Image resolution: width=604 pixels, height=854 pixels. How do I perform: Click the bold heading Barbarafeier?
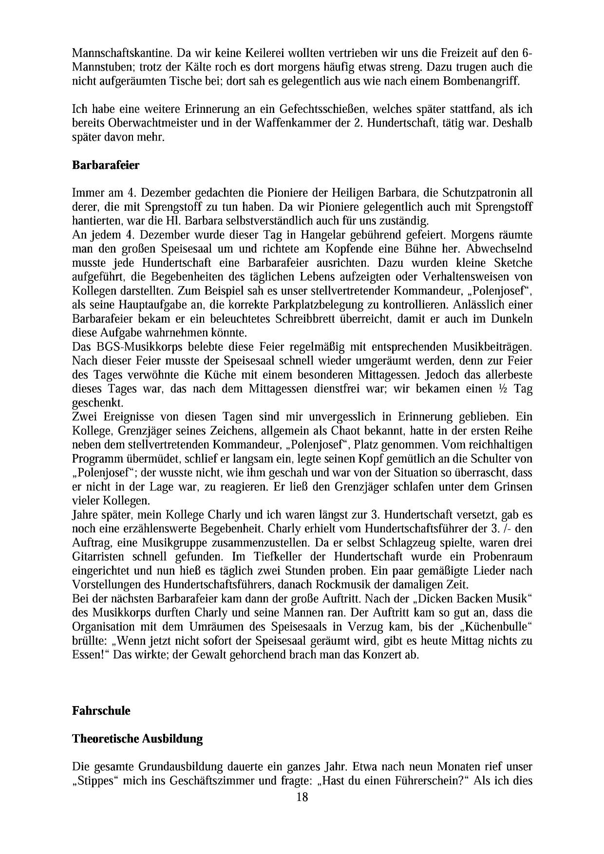tap(106, 165)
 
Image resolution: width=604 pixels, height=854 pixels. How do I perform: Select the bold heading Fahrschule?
tap(101, 710)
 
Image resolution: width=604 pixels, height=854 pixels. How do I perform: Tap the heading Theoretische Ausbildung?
tap(137, 739)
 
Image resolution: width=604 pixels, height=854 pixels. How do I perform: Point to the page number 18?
tap(302, 797)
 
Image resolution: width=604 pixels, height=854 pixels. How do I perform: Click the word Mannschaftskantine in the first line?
tap(119, 52)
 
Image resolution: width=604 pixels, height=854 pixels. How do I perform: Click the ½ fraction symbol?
tap(505, 389)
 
